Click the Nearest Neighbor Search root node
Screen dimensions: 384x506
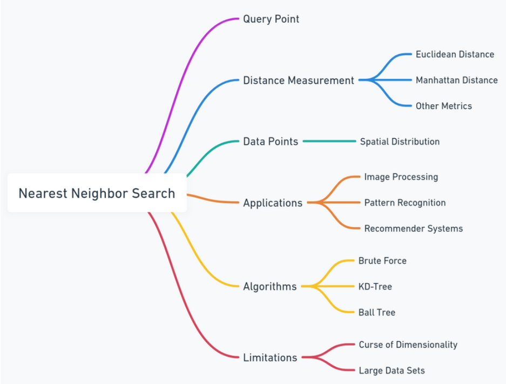coord(97,193)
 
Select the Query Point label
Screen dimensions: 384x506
coord(271,19)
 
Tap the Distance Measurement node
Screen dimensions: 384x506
coord(298,80)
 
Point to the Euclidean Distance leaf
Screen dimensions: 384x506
coord(455,55)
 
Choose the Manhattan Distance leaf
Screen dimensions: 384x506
coord(456,80)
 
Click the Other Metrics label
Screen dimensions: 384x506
coord(443,106)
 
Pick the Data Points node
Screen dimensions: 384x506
coord(270,142)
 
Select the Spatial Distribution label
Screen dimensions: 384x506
coord(400,142)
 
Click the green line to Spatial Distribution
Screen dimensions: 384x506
coord(329,142)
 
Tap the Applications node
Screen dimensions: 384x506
coord(272,203)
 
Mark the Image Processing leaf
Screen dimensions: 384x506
coord(401,177)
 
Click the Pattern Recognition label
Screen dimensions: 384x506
coord(404,203)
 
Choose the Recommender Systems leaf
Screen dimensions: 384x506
coord(413,228)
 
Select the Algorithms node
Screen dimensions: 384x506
coord(269,286)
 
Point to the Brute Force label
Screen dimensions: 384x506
coord(382,261)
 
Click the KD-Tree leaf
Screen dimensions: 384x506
coord(375,287)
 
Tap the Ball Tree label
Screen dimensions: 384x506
coord(376,312)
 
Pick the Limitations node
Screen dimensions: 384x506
coord(270,358)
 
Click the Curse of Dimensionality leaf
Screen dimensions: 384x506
coord(408,345)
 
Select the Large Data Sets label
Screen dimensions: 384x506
coord(392,370)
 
